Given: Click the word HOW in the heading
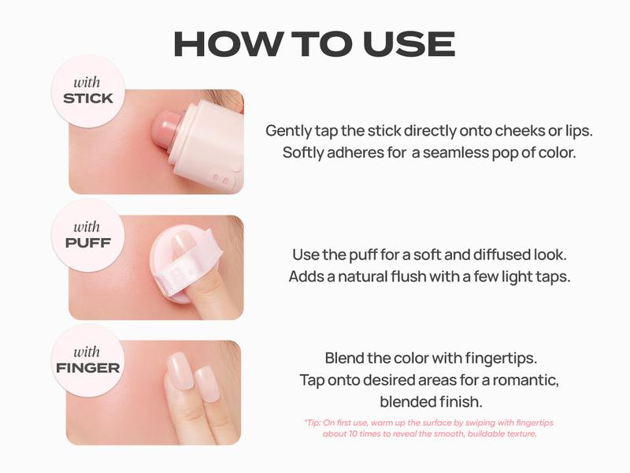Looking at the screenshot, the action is pos(228,44).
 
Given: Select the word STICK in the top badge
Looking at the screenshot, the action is pos(88,99).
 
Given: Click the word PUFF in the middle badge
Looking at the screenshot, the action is pos(88,243).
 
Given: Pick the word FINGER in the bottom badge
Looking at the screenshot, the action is pos(88,368).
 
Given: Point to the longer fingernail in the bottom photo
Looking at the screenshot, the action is pos(180,371).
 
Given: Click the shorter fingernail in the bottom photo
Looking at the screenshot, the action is pos(207,384).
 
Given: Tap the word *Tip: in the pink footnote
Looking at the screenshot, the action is pos(313,423).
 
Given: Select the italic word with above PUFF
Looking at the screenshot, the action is pos(87,227).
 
